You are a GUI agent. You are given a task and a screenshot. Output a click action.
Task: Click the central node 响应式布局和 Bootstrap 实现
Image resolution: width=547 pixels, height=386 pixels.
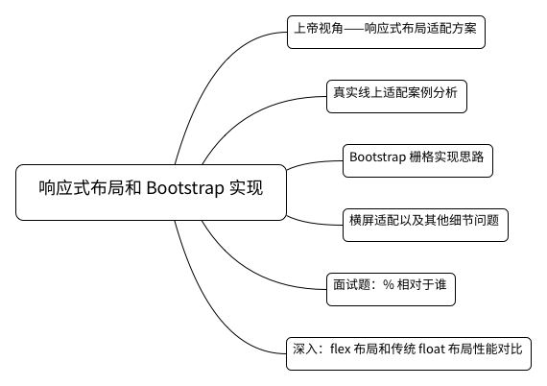coord(151,192)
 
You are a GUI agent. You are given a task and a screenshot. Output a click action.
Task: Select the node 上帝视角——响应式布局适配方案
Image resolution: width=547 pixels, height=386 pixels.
coord(386,32)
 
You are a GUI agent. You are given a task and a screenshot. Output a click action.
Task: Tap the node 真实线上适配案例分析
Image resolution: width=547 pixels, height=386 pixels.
coord(396,97)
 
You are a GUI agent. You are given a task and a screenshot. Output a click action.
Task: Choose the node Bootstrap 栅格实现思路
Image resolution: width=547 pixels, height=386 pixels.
coord(417,161)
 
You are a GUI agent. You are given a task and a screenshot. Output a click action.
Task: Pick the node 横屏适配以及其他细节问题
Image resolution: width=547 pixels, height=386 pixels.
coord(425,225)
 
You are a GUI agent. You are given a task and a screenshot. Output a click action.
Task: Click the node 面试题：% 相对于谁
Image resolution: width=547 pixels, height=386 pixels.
coord(392,290)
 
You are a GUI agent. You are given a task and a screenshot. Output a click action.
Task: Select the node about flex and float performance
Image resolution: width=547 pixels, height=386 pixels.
coord(409,354)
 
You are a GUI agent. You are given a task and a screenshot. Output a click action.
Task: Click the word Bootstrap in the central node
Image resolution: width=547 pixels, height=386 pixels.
coord(185,188)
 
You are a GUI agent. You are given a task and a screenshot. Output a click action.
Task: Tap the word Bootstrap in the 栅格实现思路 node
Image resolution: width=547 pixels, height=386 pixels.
coord(377,157)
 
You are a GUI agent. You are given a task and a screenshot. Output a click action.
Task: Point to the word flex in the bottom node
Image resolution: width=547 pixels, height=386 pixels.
coord(340,349)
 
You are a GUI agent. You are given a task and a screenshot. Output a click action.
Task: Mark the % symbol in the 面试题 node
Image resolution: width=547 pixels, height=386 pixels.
coord(389,284)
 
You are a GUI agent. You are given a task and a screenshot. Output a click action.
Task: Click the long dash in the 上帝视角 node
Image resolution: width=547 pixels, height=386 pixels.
coord(354,28)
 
